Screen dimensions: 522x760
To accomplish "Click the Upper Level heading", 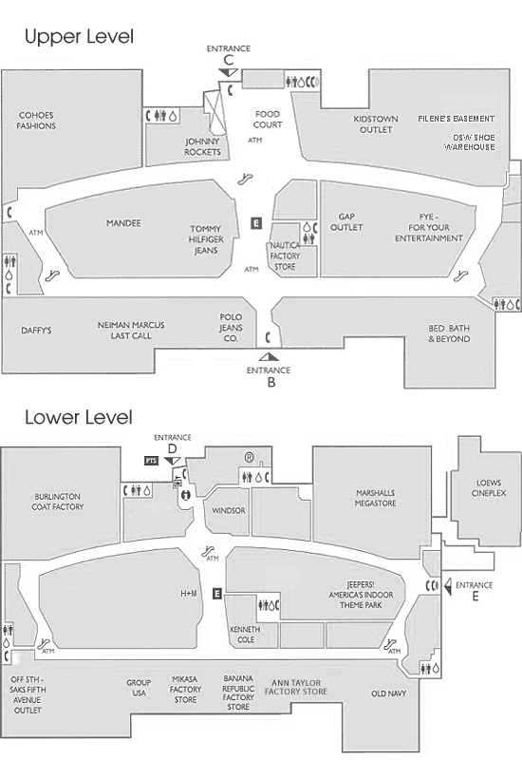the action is tap(79, 37).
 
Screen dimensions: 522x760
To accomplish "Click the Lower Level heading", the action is tap(79, 417).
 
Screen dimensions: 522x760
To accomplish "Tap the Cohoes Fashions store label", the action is tap(36, 121).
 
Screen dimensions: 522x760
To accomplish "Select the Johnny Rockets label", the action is tap(202, 147).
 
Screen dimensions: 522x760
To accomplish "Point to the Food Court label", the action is tap(268, 120).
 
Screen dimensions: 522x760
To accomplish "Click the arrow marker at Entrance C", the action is tap(228, 73).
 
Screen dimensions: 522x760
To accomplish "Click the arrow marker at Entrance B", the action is tap(269, 357).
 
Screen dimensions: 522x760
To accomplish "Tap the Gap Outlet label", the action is tap(346, 222).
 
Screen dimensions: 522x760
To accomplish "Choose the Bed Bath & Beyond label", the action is tap(449, 333).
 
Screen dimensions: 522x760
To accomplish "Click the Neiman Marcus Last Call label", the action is tap(131, 330).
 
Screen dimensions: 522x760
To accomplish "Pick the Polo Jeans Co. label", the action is tap(231, 328).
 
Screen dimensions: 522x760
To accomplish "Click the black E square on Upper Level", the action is tap(256, 223).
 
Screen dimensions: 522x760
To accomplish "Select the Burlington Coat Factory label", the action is tap(58, 502).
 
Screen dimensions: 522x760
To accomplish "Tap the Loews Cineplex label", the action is tap(489, 487).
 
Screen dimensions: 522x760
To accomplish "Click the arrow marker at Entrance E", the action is tap(448, 586).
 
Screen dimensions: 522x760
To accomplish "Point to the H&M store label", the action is tap(189, 593).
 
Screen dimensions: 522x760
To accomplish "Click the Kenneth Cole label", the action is tap(245, 634).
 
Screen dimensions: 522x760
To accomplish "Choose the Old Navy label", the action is tap(389, 693).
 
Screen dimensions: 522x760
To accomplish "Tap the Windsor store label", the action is tap(229, 510).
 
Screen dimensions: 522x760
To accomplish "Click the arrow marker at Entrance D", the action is tap(173, 461).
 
